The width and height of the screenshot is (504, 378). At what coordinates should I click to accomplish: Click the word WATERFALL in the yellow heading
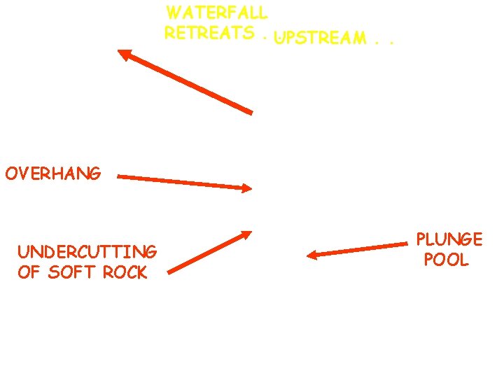click(x=217, y=13)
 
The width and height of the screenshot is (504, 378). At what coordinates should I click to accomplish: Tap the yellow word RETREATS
click(x=209, y=33)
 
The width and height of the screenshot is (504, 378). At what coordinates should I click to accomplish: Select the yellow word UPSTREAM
click(x=321, y=38)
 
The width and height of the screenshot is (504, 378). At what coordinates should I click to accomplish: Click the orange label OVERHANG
click(x=53, y=173)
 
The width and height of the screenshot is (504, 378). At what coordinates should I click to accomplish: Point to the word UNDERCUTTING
click(x=87, y=252)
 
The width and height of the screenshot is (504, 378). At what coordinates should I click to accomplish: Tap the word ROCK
click(x=125, y=272)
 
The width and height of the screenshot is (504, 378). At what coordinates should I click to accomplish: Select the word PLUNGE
click(x=449, y=239)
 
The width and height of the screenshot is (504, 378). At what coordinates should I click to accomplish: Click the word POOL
click(x=446, y=260)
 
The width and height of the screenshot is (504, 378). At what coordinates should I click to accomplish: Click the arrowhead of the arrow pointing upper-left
click(x=123, y=53)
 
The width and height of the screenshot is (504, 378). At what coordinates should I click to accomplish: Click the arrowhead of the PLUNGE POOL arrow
click(x=313, y=255)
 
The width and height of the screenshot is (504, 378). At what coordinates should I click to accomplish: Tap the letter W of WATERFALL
click(x=174, y=13)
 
